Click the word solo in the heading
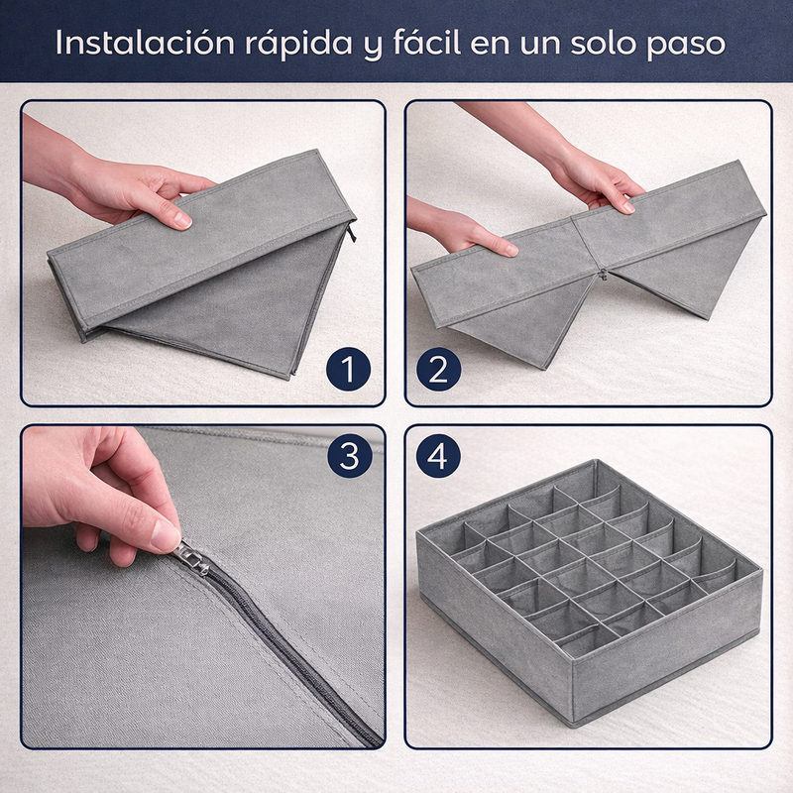616,44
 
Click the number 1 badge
347,370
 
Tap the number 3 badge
348,457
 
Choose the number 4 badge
438,457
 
